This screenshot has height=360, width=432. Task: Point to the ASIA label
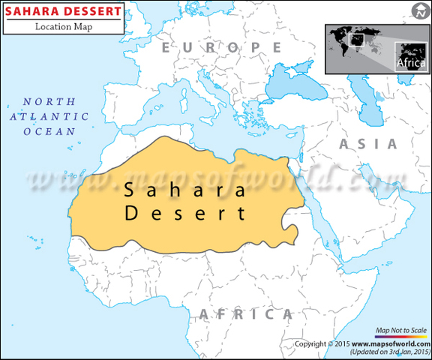(367, 144)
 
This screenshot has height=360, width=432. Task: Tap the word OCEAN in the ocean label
(49, 130)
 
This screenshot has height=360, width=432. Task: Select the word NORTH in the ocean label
(49, 101)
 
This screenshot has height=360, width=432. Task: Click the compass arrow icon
(418, 10)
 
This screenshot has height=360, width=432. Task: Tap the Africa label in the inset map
(410, 62)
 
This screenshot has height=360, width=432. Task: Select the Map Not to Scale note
(400, 330)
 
